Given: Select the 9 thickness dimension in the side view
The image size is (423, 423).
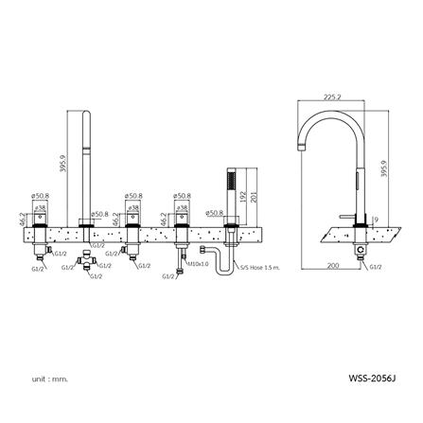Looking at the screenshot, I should click(x=377, y=221).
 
